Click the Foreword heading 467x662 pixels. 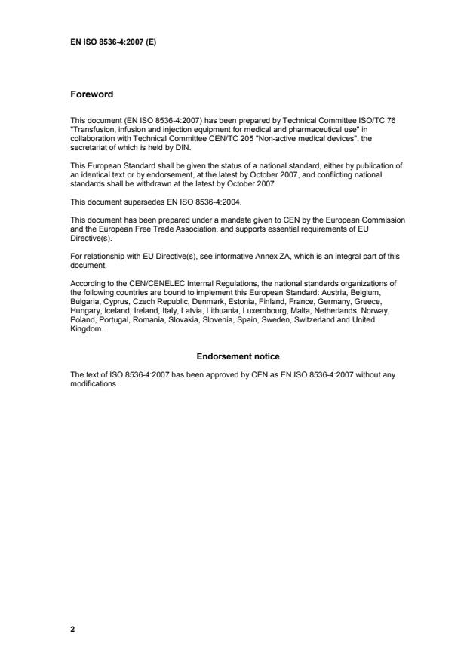coord(91,94)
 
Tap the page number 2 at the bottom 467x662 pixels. coord(72,627)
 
